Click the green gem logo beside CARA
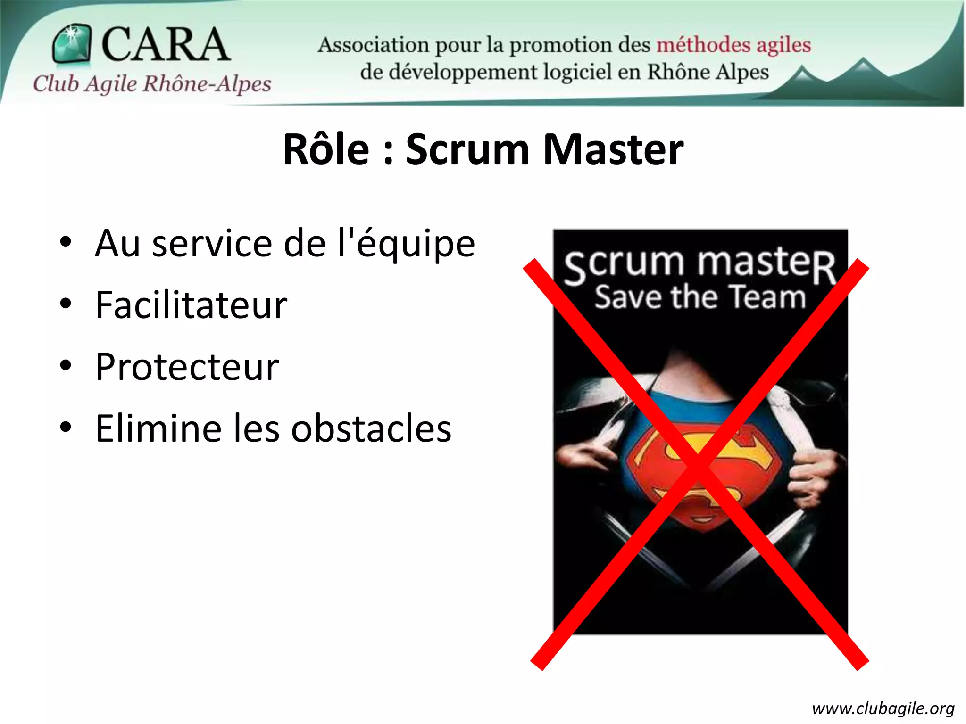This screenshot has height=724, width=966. coord(71,43)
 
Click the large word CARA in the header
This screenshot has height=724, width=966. coord(165,44)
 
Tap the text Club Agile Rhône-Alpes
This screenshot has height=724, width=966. coord(152,84)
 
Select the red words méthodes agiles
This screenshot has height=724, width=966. coord(733,45)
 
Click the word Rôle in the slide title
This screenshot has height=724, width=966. coord(326,149)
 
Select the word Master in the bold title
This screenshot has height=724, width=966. coord(613,149)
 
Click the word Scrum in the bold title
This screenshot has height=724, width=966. coord(467,149)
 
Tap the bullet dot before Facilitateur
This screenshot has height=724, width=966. coord(66,304)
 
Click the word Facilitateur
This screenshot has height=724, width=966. coord(191,305)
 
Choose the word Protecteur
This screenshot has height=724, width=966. coord(187,367)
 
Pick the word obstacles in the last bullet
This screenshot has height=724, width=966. coord(371,428)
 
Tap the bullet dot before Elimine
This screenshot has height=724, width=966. coord(66,428)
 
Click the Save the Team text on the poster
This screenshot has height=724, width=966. coord(700,297)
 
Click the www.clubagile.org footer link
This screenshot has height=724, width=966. coord(883,708)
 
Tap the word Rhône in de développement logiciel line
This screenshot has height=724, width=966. coord(678,72)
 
